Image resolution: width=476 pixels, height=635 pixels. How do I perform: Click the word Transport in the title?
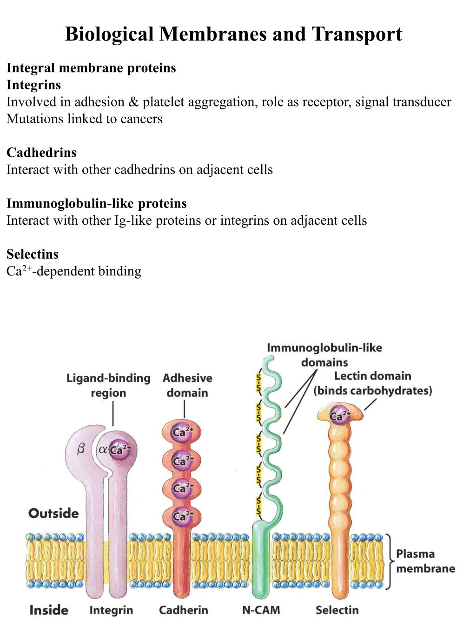click(x=357, y=34)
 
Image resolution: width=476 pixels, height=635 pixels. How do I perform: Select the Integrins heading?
click(x=33, y=85)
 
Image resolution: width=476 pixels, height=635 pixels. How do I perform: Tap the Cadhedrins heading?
click(x=41, y=153)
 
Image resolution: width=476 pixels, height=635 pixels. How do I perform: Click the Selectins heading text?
click(x=33, y=254)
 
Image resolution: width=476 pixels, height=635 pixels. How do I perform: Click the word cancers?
click(x=141, y=119)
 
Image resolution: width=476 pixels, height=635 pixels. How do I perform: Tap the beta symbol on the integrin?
click(x=81, y=449)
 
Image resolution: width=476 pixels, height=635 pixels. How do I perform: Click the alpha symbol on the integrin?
click(x=103, y=450)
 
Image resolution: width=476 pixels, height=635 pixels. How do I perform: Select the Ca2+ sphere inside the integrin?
click(x=119, y=450)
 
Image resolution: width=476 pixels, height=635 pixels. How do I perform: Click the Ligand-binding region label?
click(x=108, y=385)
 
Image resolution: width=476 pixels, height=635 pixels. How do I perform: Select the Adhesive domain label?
click(x=187, y=385)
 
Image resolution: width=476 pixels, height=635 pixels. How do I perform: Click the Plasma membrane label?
click(x=425, y=561)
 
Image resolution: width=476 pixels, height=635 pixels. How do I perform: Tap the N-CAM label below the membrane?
click(x=261, y=610)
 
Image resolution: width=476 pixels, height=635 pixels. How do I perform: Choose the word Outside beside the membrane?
click(x=53, y=514)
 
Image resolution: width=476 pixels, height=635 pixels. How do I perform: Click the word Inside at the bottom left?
click(x=48, y=610)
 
